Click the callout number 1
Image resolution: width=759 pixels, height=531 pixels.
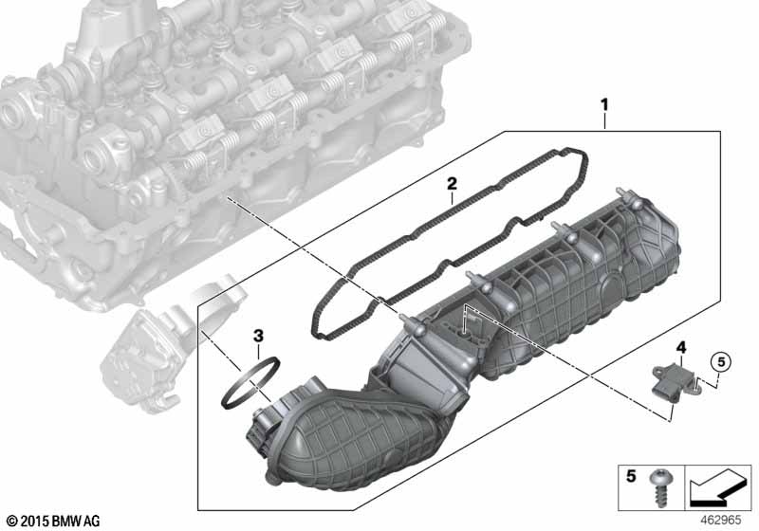tap(604, 104)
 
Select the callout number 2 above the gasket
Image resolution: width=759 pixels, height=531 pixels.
tap(452, 184)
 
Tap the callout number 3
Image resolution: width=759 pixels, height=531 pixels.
tap(258, 335)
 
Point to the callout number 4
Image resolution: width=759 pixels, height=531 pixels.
tap(681, 347)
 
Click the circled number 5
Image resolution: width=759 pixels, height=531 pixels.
tap(721, 361)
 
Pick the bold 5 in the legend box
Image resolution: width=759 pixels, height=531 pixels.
tap(631, 476)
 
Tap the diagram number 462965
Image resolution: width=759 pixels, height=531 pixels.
tap(721, 520)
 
